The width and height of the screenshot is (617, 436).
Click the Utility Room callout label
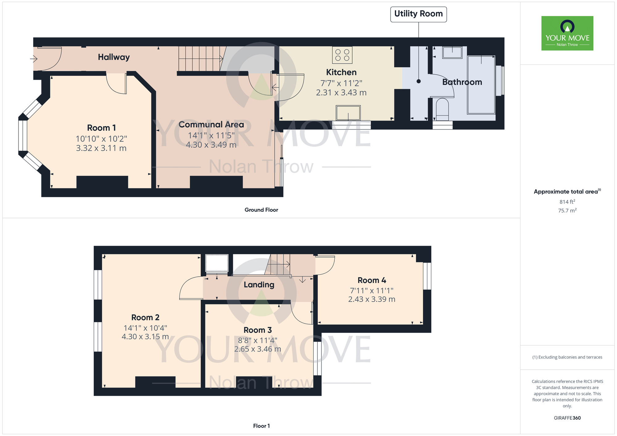click(x=418, y=14)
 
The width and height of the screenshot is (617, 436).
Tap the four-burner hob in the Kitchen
click(x=342, y=55)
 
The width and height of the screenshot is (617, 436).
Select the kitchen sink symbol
click(x=348, y=113)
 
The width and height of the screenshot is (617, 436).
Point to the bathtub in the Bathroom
click(x=481, y=85)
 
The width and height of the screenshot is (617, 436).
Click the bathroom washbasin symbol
click(x=452, y=52)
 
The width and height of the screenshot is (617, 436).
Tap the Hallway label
click(x=114, y=57)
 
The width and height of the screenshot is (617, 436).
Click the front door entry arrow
click(x=34, y=59)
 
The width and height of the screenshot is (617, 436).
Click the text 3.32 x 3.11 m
click(x=101, y=148)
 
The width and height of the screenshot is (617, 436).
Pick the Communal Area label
click(x=211, y=125)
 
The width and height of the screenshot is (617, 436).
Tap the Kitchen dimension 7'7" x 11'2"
click(x=341, y=83)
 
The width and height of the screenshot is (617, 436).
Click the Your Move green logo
click(x=567, y=33)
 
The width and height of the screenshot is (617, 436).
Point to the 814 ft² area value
click(x=567, y=202)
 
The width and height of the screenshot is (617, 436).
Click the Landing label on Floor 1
click(x=259, y=285)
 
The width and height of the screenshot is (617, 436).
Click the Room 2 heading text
click(x=145, y=317)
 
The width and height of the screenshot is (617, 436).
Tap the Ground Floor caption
click(x=261, y=210)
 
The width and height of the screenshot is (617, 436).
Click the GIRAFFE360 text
click(x=567, y=418)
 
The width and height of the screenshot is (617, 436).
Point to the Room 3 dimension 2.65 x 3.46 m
click(x=257, y=349)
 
